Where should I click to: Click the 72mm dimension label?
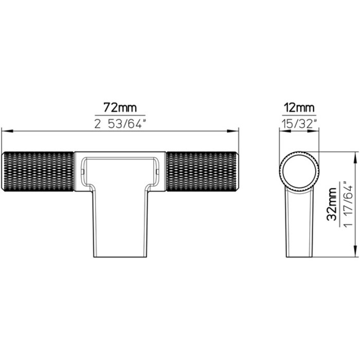point(120,107)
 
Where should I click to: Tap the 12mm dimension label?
point(299,107)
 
